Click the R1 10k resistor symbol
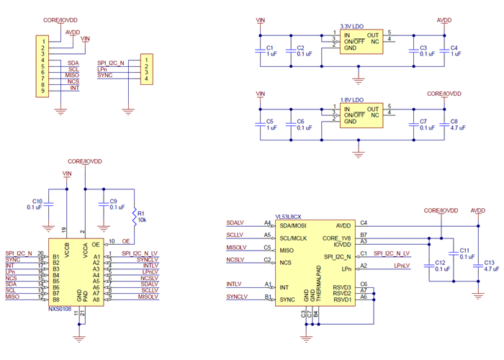(135, 217)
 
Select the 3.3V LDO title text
(352, 26)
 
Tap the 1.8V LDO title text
(352, 99)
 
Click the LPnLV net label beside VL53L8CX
(402, 266)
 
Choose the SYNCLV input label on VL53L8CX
(236, 297)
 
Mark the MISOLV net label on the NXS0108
(148, 297)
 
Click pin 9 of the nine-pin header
(43, 91)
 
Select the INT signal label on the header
(74, 87)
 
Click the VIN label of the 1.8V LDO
(261, 94)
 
